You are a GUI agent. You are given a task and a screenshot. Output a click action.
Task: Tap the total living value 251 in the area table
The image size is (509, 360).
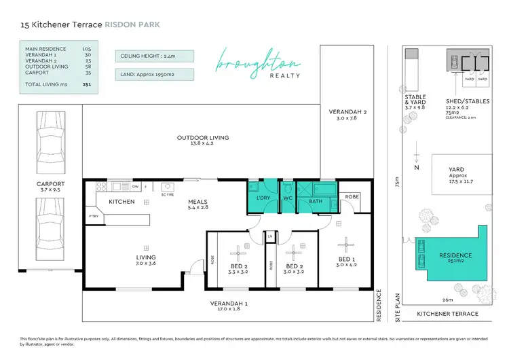(x=87, y=86)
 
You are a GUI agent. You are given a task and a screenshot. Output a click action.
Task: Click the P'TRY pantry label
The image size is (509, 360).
(x=93, y=216)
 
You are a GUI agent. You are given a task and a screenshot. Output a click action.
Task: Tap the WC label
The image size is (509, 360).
(x=286, y=202)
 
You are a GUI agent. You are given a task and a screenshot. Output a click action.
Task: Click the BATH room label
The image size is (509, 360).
(x=316, y=202)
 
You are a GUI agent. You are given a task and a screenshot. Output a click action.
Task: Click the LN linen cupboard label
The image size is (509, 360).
(x=269, y=236)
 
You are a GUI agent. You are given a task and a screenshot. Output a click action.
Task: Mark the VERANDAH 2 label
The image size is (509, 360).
(x=347, y=115)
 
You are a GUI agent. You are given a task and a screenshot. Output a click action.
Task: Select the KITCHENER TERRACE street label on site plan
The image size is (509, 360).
(x=447, y=314)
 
